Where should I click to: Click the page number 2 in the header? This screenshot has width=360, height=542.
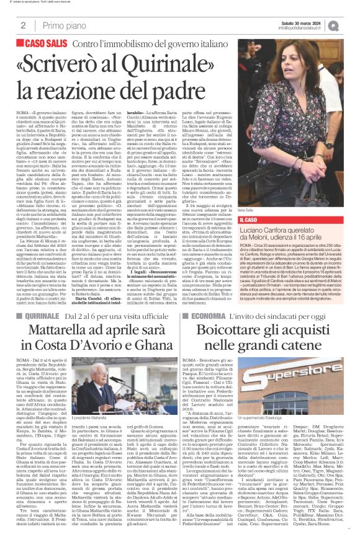(23, 25)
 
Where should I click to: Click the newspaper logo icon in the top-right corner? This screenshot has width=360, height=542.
(351, 25)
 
